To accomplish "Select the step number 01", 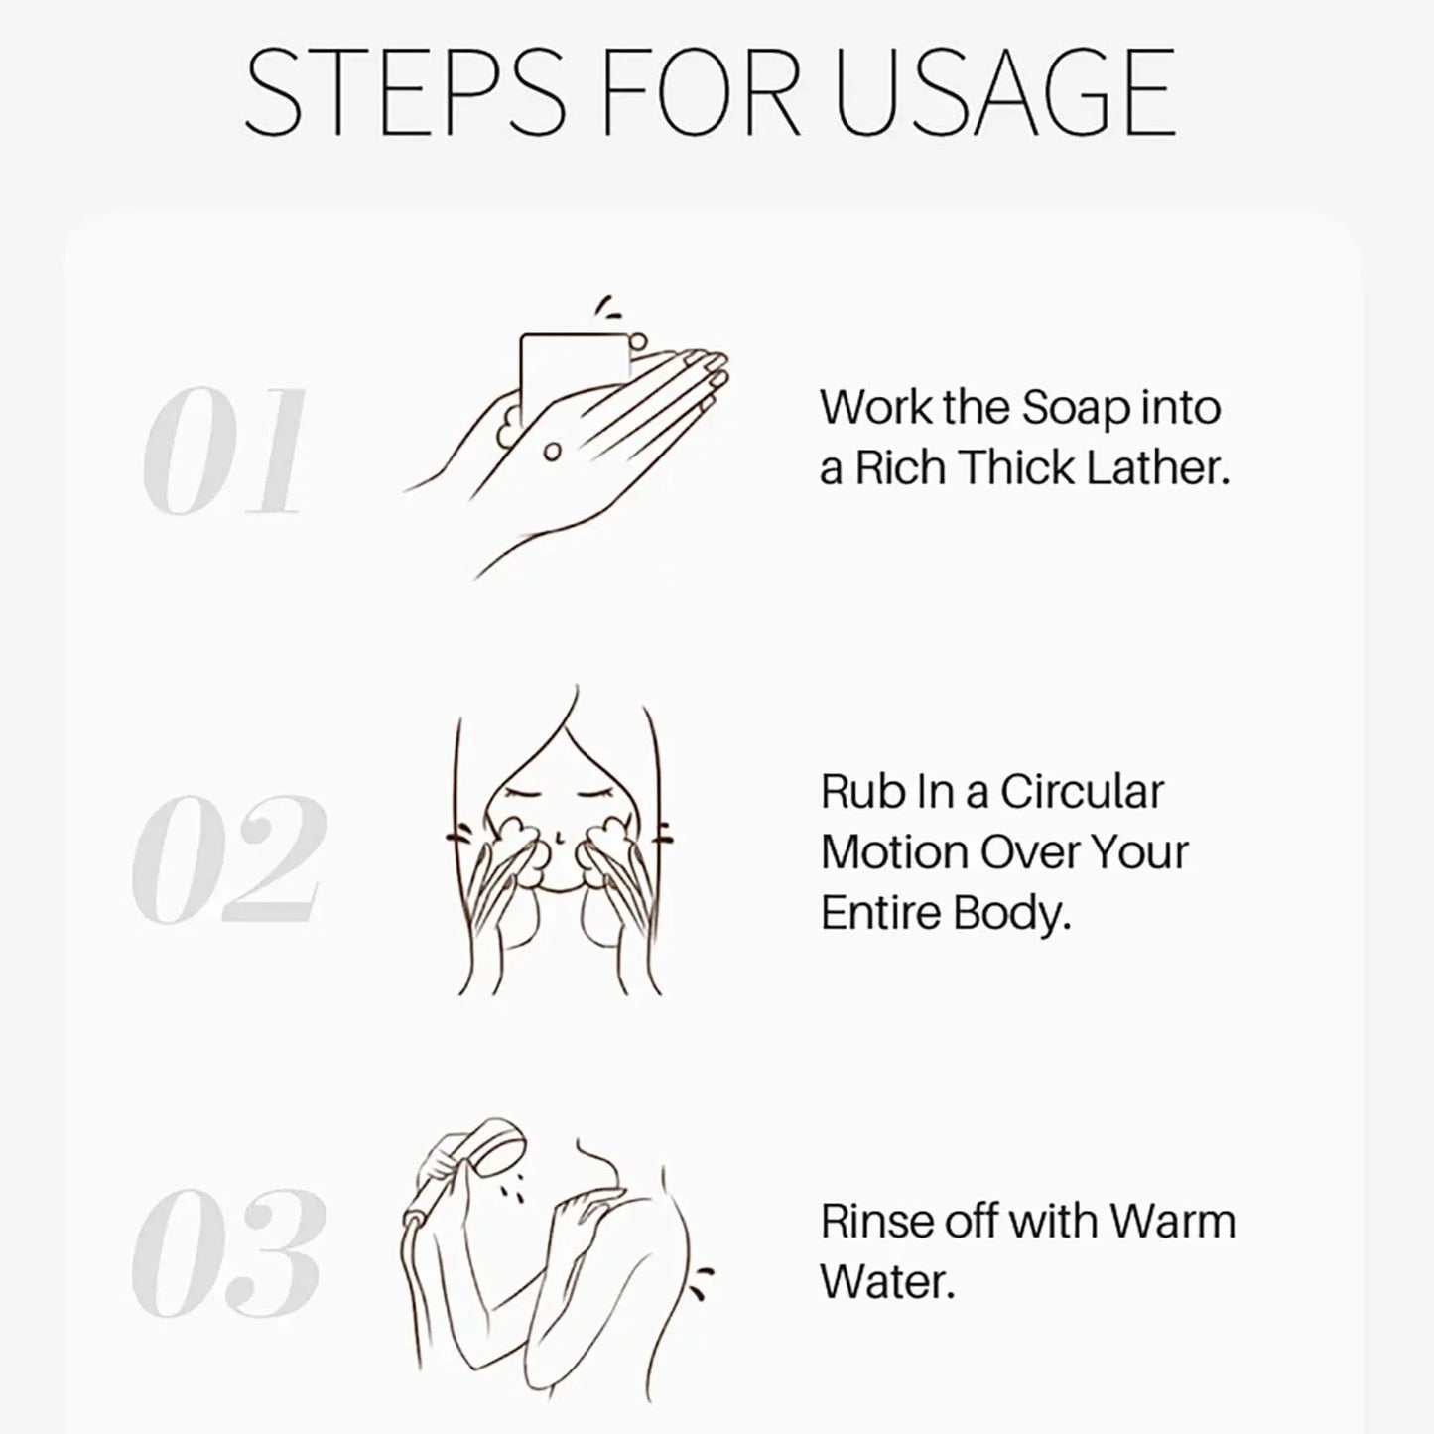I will (224, 453).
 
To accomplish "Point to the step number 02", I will (228, 858).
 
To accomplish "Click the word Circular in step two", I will (1081, 792).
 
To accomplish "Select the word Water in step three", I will (886, 1282).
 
